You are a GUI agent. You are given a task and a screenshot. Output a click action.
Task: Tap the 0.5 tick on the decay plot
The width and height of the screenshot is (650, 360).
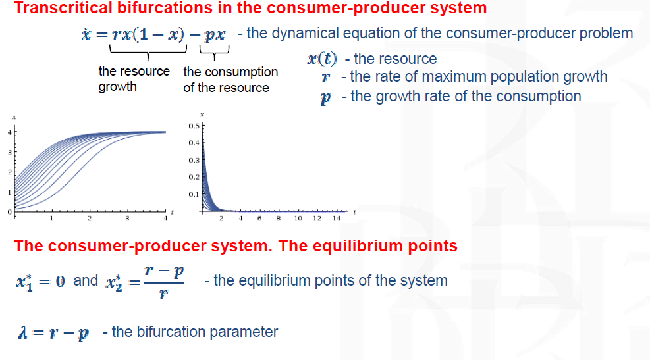pos(194,126)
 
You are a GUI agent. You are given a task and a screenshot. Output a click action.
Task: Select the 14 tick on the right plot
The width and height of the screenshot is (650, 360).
pos(336,219)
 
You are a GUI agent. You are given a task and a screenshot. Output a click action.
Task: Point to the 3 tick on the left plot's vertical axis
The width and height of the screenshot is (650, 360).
pos(10,153)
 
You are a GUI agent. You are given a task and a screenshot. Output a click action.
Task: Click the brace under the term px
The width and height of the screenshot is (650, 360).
pos(214,53)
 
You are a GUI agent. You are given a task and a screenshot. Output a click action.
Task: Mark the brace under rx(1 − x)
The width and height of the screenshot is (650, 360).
pos(148,53)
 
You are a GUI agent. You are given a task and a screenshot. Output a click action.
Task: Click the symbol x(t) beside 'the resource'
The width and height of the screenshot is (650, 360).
pos(322,59)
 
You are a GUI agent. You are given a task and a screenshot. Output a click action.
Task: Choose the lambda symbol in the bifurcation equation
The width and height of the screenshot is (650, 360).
pos(23,332)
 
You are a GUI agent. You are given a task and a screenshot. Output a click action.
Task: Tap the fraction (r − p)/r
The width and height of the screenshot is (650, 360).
pos(164,282)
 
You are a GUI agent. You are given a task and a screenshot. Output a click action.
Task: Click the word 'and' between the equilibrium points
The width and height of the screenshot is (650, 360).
pos(86,280)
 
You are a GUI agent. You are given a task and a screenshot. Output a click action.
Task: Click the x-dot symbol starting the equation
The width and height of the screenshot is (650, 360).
pos(86,34)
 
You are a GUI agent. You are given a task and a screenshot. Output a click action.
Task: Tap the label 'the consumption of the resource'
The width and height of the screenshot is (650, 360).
pos(230,80)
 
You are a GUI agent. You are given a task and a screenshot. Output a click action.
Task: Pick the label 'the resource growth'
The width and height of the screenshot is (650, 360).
pos(134,79)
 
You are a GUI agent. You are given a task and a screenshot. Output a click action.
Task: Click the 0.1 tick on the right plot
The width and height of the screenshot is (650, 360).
pos(194,194)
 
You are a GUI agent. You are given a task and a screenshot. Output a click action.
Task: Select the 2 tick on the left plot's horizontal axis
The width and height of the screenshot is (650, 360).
pos(89,219)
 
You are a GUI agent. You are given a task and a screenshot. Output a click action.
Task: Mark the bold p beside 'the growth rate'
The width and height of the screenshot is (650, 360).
pos(326,98)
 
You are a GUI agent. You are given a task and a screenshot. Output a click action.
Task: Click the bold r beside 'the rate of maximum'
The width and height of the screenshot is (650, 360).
pos(326,77)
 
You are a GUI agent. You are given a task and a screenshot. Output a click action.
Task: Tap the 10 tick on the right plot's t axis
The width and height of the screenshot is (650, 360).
pos(298,219)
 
